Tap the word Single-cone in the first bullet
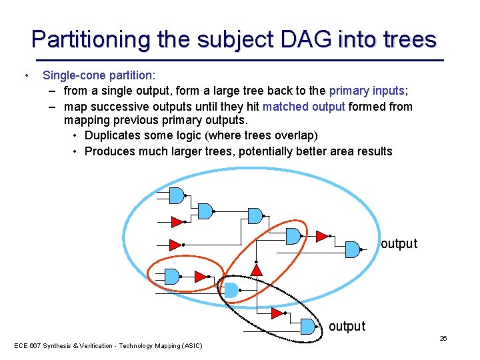(x=75, y=76)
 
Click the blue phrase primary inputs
(x=367, y=91)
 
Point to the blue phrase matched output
(x=303, y=107)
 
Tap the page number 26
(x=443, y=339)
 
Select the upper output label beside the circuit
(x=399, y=244)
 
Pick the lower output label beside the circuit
(x=347, y=327)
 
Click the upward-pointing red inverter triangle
(x=257, y=269)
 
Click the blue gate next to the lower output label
(x=307, y=326)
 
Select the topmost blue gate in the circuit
(x=176, y=195)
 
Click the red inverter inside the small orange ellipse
(x=200, y=276)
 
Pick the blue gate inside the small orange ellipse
(x=172, y=276)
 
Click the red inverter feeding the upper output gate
(x=321, y=236)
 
